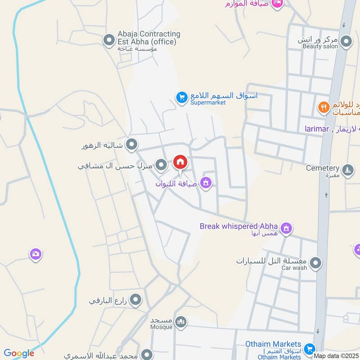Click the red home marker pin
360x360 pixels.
click(180, 162)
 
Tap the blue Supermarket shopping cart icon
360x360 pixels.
click(181, 97)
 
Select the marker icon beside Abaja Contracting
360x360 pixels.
click(108, 40)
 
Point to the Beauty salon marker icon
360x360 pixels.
click(346, 42)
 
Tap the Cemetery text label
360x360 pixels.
click(322, 168)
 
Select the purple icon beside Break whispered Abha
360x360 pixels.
click(286, 229)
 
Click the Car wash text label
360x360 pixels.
click(294, 268)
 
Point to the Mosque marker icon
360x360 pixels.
click(181, 322)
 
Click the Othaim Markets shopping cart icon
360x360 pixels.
click(309, 348)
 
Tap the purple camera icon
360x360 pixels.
click(36, 254)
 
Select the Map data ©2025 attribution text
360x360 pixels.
click(337, 355)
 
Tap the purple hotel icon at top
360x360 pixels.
click(278, 4)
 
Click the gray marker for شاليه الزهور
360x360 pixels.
click(131, 144)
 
